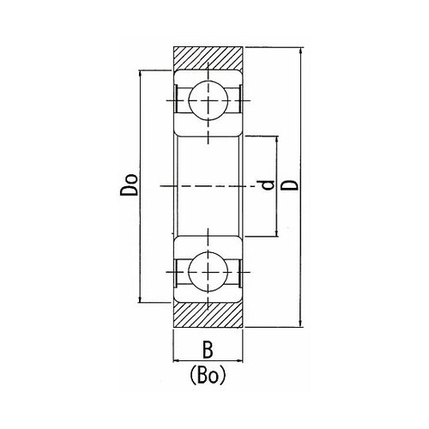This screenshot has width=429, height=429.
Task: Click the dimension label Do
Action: pyautogui.click(x=129, y=184)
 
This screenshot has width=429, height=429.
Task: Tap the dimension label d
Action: pyautogui.click(x=269, y=185)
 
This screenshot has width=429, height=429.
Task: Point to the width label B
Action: pyautogui.click(x=208, y=349)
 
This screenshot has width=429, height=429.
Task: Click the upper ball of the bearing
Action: pyautogui.click(x=208, y=100)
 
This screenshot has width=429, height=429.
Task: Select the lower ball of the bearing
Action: pyautogui.click(x=208, y=272)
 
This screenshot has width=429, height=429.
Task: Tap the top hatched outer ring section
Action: pyautogui.click(x=208, y=58)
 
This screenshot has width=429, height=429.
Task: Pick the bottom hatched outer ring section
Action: pyautogui.click(x=208, y=315)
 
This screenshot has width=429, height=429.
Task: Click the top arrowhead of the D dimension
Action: pyautogui.click(x=300, y=51)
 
